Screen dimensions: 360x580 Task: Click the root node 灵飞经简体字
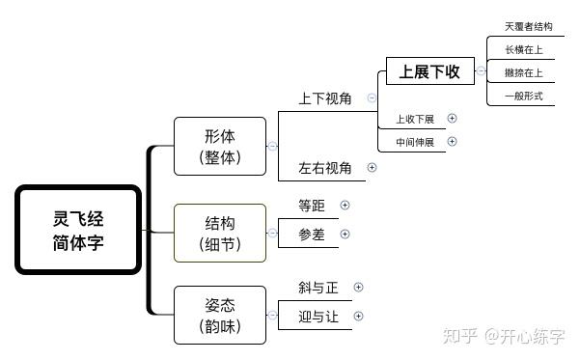click(79, 231)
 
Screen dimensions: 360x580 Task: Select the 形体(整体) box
click(220, 146)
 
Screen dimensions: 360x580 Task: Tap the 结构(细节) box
click(220, 233)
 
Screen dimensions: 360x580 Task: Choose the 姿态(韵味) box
click(220, 315)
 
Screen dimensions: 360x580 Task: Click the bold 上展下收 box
click(429, 71)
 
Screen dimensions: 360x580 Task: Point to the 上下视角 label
click(325, 98)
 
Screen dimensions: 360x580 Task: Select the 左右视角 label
click(325, 168)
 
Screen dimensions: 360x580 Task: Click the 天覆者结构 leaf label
click(528, 26)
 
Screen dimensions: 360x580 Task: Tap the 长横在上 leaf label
click(523, 49)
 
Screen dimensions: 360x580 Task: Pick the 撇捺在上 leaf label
click(523, 72)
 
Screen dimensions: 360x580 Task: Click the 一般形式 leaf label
click(523, 96)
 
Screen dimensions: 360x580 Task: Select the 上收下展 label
click(415, 120)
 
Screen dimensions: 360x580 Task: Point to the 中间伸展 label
click(415, 143)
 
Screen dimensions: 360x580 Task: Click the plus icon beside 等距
click(345, 205)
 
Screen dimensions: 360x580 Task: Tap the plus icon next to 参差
click(345, 234)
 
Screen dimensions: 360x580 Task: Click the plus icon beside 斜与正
click(358, 287)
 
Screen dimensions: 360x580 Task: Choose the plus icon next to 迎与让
click(358, 316)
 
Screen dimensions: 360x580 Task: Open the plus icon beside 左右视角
click(373, 167)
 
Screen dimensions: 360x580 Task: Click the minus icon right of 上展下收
click(482, 71)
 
